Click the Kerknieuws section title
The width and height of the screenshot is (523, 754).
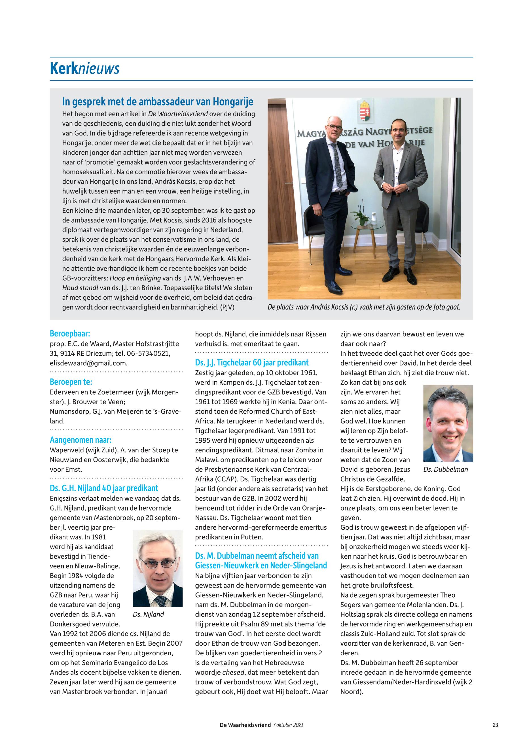pos(84,69)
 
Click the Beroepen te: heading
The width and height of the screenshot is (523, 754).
pos(71,382)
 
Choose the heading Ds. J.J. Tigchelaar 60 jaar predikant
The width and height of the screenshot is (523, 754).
pos(252,363)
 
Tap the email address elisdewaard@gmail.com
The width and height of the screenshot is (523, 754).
pos(88,363)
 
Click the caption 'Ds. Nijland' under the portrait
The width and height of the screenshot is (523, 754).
pos(149,615)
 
